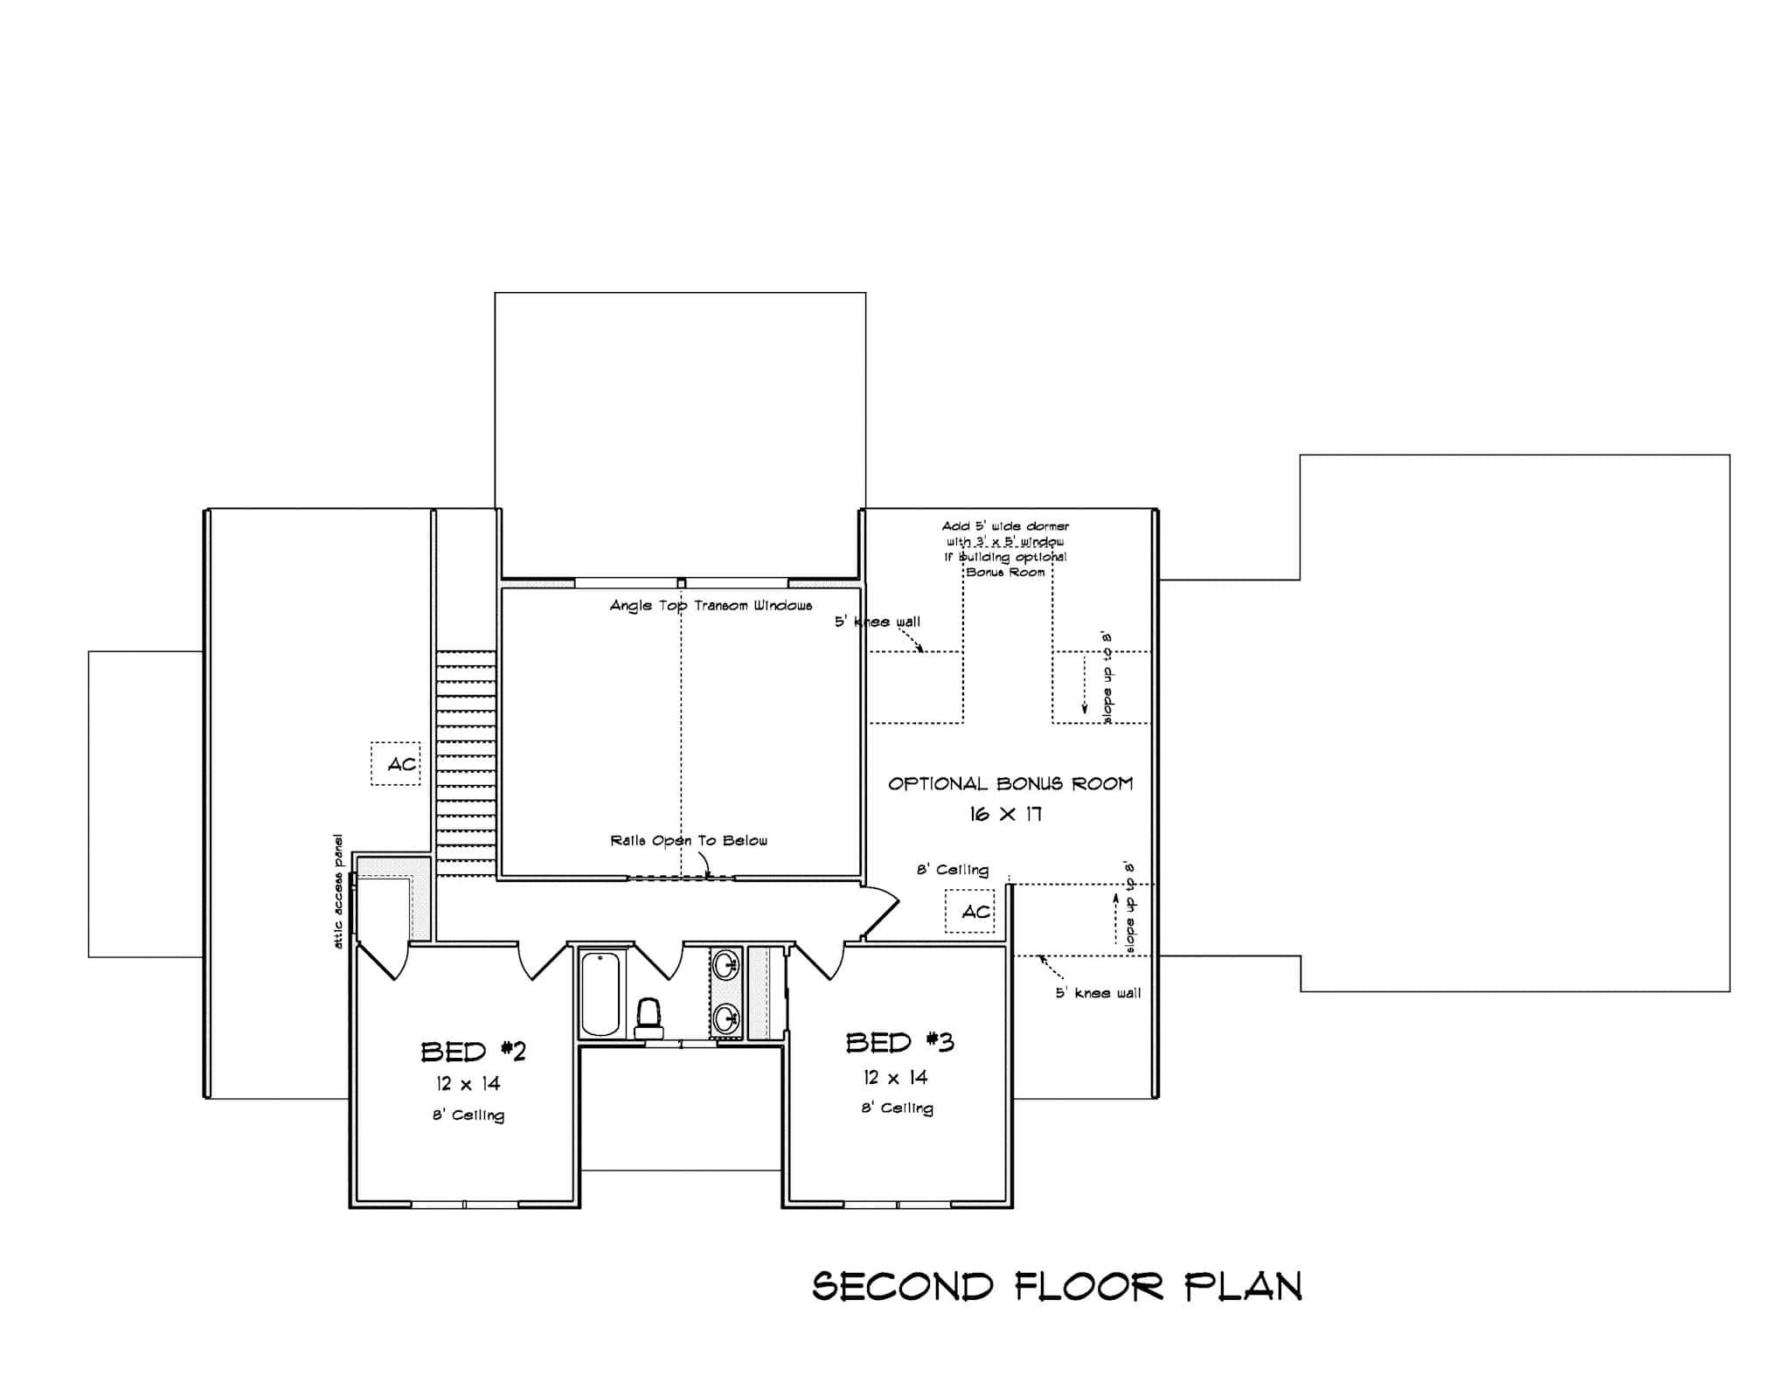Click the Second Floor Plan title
(1058, 1287)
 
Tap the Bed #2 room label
(473, 1051)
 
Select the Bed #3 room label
(899, 1043)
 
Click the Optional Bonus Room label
(1010, 784)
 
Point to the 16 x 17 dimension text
(1005, 815)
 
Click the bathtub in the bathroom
(600, 993)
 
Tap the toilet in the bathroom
(649, 1018)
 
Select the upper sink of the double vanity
(725, 966)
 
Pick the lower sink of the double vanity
(725, 1018)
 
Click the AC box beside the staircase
(396, 764)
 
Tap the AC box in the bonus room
(970, 912)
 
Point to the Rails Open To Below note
(689, 841)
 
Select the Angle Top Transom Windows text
(711, 606)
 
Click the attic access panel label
(338, 892)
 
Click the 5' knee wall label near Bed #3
(1098, 993)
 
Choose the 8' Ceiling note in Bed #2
(468, 1115)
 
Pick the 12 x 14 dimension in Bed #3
(894, 1078)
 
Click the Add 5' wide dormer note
(1005, 549)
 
